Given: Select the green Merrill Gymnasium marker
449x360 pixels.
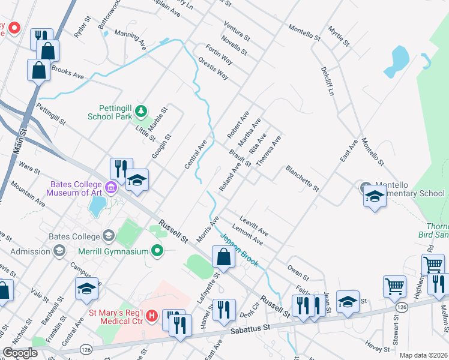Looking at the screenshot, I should [x=158, y=251].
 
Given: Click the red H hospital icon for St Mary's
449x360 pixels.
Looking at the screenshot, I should [x=152, y=314].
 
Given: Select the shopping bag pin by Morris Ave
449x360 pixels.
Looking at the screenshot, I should [x=223, y=258].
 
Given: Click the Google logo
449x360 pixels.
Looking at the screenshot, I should [x=20, y=352].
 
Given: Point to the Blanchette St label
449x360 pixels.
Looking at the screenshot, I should [x=302, y=179].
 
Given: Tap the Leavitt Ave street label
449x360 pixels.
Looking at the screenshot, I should [x=253, y=226].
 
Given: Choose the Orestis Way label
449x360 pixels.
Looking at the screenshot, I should [x=213, y=68].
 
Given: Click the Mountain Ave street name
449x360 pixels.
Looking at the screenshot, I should [x=28, y=195].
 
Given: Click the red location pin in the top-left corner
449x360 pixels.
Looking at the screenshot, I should [x=13, y=28].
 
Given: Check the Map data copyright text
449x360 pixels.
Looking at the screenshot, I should [x=423, y=355].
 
